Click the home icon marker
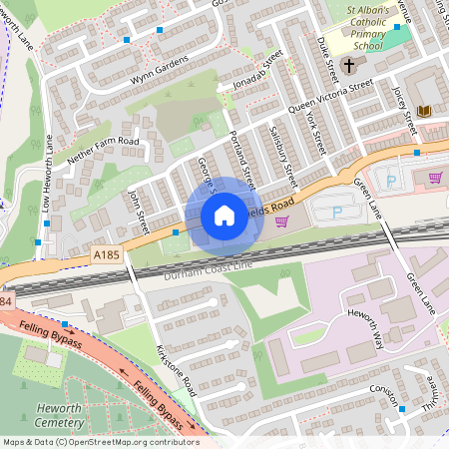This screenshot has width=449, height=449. (224, 215)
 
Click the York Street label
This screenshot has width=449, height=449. (315, 131)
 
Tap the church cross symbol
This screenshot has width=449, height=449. (348, 66)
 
